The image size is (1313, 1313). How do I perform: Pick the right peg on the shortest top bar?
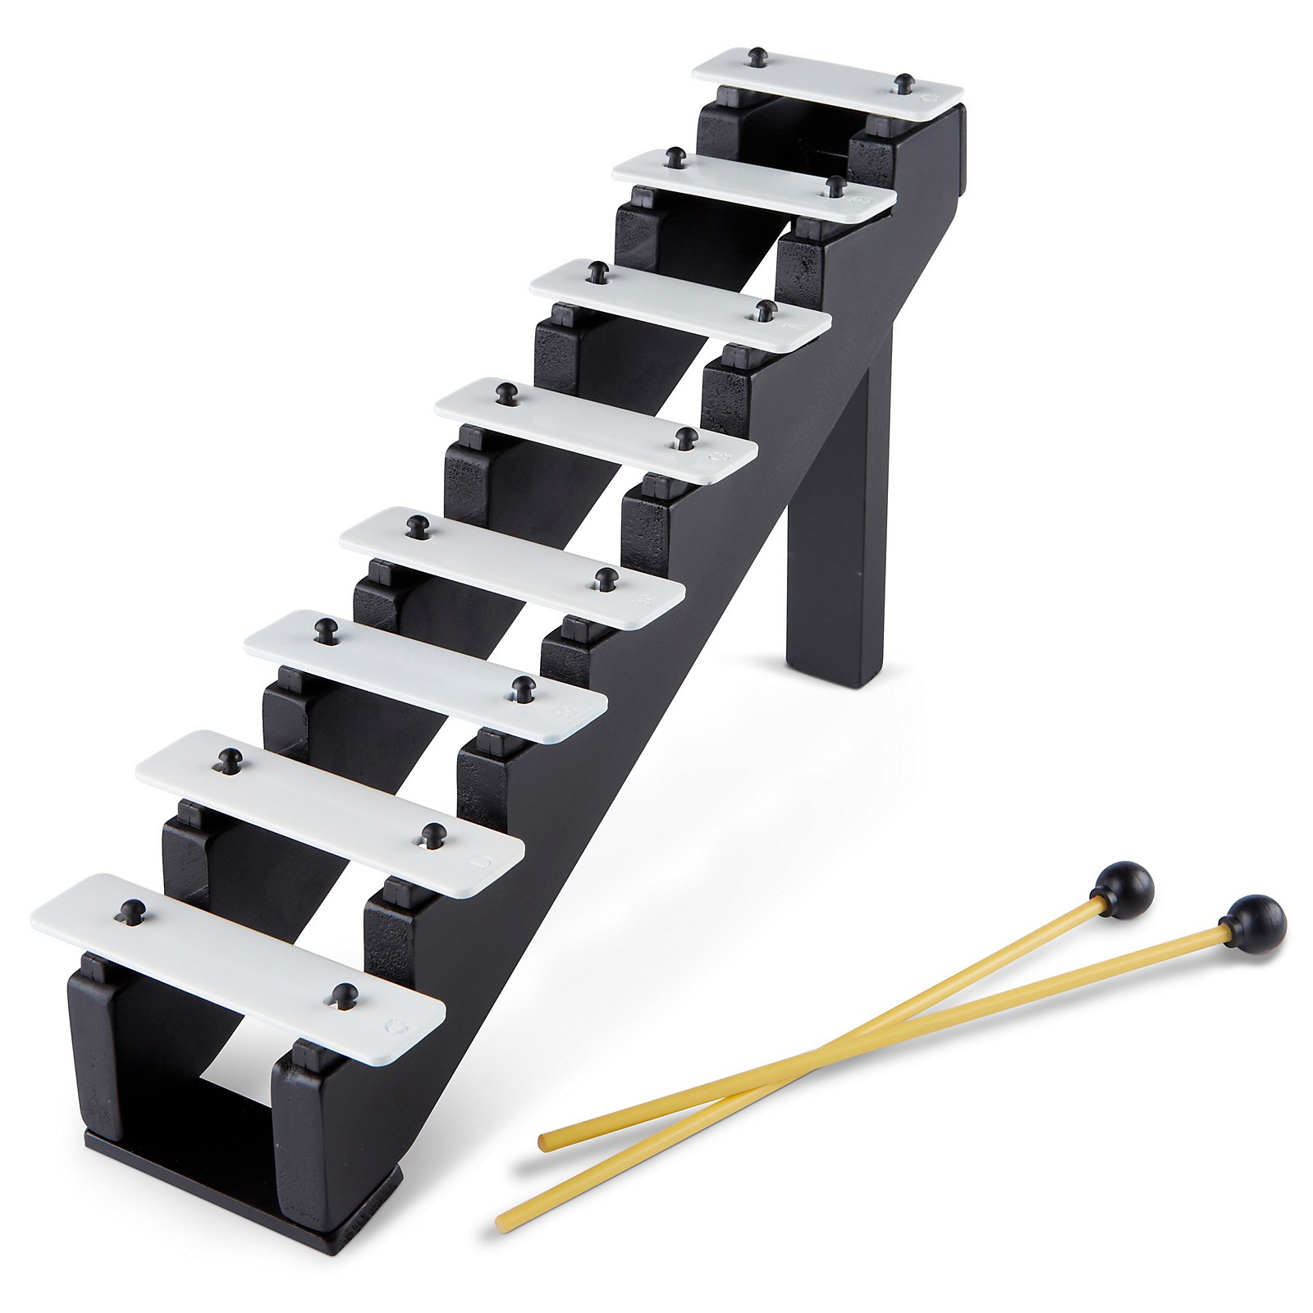904,82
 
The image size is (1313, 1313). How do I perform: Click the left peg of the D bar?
226,758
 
